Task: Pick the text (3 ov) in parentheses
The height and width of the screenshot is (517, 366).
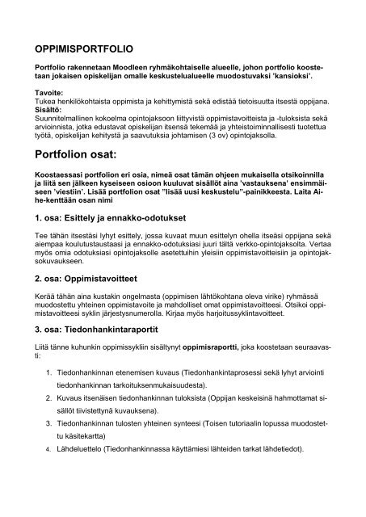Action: pos(236,142)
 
